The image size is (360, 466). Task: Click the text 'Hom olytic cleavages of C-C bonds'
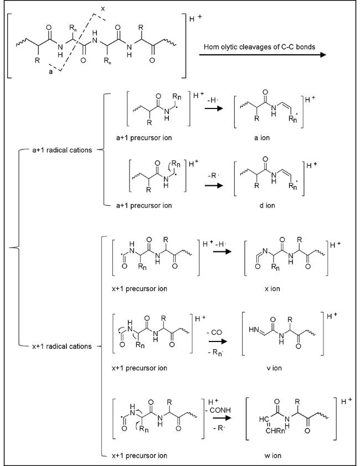259,46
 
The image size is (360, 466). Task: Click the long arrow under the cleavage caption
263,55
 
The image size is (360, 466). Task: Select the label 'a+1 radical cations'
62,150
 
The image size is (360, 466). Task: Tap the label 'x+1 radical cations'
62,346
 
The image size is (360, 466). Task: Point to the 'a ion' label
262,138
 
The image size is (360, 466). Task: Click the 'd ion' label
267,205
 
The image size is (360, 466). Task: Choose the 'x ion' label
272,288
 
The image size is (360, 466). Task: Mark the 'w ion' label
272,455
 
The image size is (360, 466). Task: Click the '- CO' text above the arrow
214,332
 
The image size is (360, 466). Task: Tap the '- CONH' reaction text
219,410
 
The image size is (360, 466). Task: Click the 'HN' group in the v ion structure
254,329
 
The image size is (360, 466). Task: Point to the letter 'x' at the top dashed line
103,9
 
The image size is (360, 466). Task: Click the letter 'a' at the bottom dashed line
50,71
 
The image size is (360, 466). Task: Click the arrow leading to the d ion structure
214,185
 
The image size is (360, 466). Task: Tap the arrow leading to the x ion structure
222,251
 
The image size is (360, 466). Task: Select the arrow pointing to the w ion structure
222,418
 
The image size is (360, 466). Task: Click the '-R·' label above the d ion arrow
213,175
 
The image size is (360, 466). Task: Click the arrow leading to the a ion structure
214,108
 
